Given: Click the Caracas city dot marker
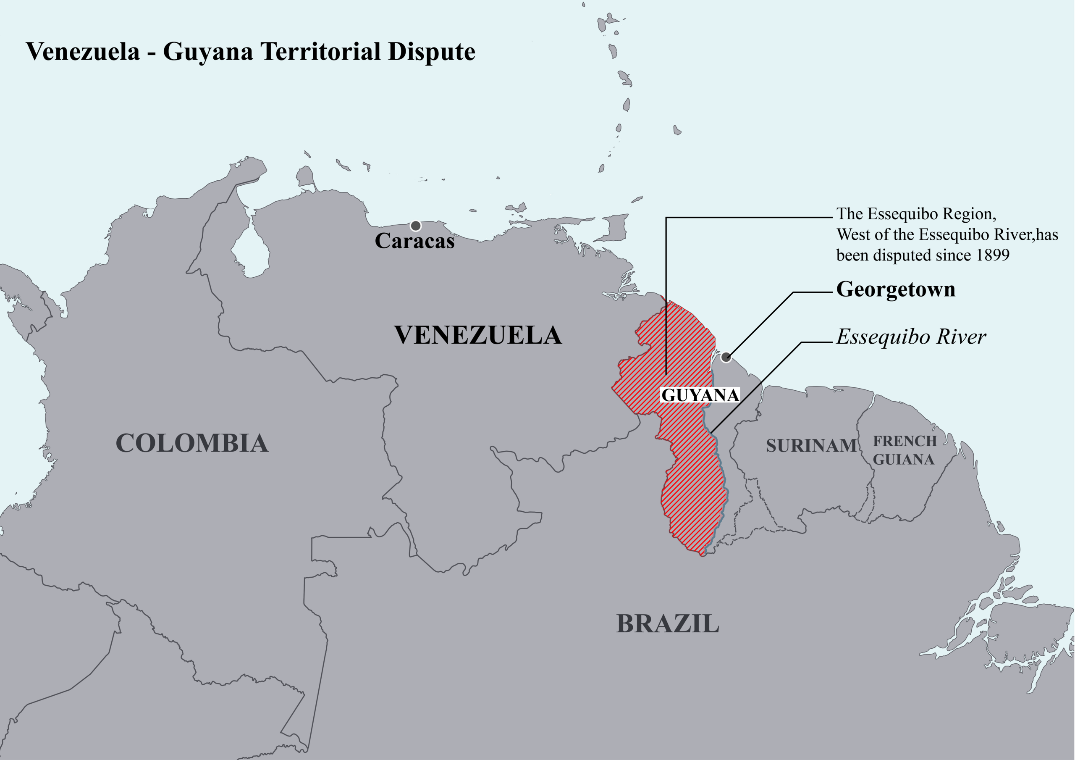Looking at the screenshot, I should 415,226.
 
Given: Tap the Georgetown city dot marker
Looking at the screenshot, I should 726,357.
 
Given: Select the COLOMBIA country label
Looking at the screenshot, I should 192,443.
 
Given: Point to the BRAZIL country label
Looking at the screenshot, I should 667,623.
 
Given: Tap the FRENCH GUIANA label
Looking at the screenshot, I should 904,450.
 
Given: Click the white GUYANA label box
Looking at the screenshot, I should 700,395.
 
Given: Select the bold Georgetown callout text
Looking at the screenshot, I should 895,289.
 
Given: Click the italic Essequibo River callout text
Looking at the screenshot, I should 911,337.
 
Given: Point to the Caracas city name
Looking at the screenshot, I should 414,241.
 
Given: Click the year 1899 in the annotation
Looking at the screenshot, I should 992,255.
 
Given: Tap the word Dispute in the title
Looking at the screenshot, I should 432,52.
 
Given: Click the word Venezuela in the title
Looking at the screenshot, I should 83,52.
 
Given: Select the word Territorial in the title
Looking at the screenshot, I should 321,52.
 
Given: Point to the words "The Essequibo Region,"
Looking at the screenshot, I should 916,214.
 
